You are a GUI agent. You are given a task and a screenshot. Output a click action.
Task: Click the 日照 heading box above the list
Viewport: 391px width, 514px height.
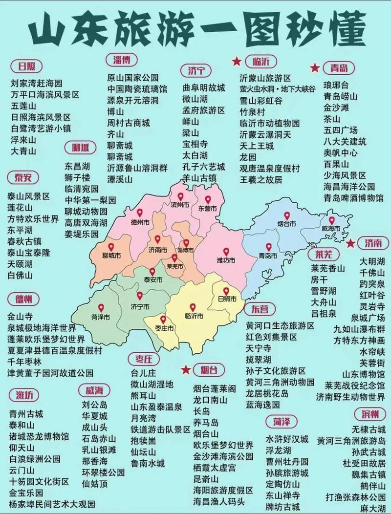(x=26, y=66)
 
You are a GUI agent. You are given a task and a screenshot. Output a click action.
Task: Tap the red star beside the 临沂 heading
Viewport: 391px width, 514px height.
(x=237, y=61)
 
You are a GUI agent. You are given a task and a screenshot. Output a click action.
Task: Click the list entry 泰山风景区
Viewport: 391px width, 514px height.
(x=29, y=196)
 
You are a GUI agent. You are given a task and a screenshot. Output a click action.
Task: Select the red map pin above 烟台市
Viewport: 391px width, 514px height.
(x=287, y=215)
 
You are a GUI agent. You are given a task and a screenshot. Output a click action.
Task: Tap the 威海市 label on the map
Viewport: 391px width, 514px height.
(x=330, y=229)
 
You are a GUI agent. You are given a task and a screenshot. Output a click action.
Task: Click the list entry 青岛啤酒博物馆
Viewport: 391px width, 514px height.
(x=353, y=198)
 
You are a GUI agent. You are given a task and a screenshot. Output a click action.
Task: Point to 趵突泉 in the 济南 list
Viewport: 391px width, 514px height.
(x=372, y=284)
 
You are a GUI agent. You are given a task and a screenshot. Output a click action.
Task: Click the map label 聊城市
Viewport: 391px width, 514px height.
(x=111, y=256)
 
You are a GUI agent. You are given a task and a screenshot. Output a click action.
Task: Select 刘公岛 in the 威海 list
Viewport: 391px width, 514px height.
(x=94, y=405)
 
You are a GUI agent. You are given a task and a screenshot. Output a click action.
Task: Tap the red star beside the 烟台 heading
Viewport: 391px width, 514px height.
(x=186, y=369)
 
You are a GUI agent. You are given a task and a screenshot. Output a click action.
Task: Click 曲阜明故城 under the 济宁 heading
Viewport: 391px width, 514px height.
(x=204, y=88)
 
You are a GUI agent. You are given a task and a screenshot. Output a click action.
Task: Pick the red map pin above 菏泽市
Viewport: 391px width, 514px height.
(x=101, y=308)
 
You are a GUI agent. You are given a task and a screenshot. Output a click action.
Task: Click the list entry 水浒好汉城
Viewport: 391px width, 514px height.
(x=287, y=439)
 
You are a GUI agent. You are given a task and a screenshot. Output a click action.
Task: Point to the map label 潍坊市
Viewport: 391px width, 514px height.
(x=225, y=260)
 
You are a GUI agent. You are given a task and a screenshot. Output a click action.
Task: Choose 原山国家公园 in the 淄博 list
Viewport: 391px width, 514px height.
(x=133, y=77)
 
